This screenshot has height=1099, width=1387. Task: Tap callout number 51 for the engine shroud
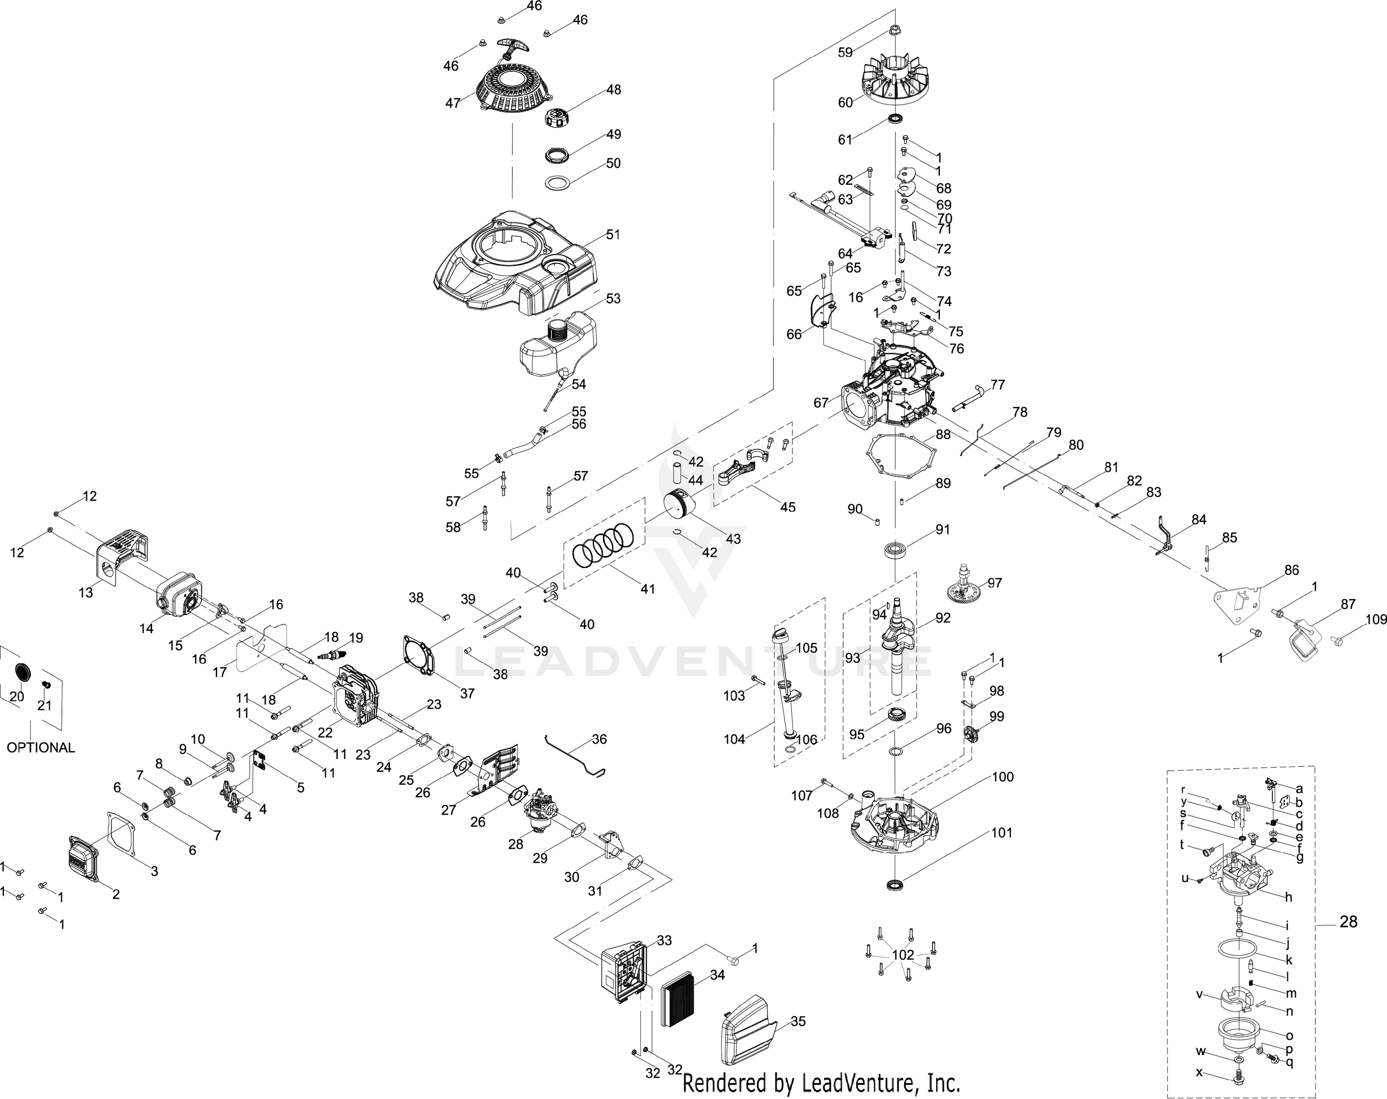coord(613,234)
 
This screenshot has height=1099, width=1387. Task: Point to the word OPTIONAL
coord(40,748)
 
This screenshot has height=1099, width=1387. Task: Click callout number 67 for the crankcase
coord(821,403)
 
